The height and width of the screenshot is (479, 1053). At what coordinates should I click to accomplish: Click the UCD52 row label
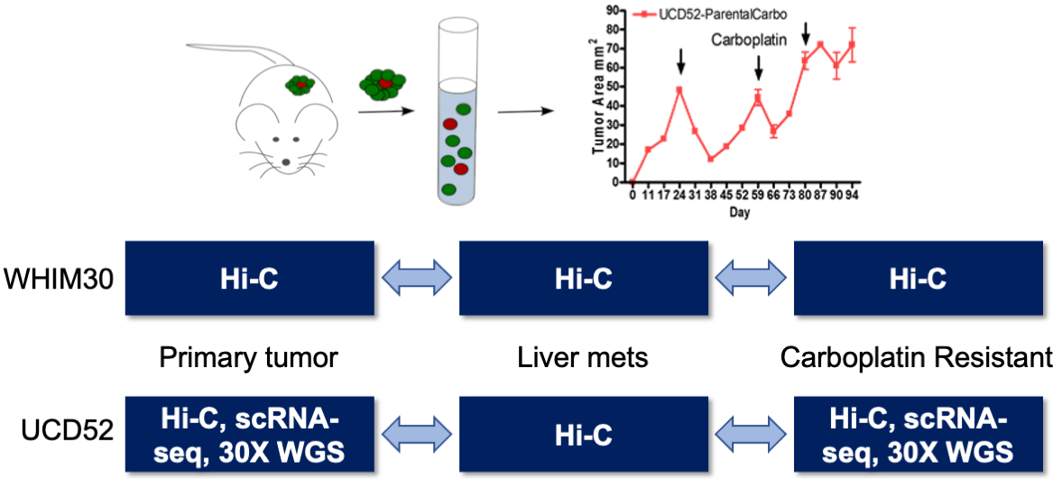click(x=57, y=430)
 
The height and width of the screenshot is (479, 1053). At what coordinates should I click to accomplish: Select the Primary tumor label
click(x=248, y=358)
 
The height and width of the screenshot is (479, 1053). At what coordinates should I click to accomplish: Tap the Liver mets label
click(x=583, y=358)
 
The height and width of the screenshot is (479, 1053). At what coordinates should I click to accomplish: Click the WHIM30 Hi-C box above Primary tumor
click(x=249, y=279)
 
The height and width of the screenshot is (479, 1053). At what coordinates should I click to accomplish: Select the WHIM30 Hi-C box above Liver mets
click(x=584, y=279)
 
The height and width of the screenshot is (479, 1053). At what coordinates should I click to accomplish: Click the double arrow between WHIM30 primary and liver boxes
click(x=417, y=279)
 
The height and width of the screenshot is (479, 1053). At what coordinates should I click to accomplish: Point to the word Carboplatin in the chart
click(x=749, y=40)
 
